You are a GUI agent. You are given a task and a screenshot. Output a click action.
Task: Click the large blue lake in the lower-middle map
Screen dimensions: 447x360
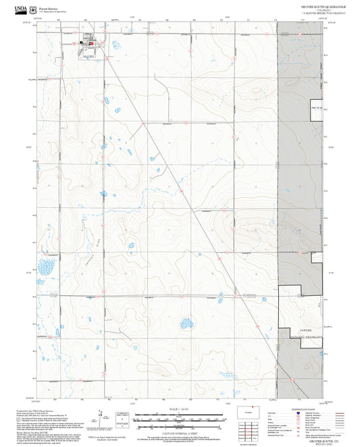(184, 324)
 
